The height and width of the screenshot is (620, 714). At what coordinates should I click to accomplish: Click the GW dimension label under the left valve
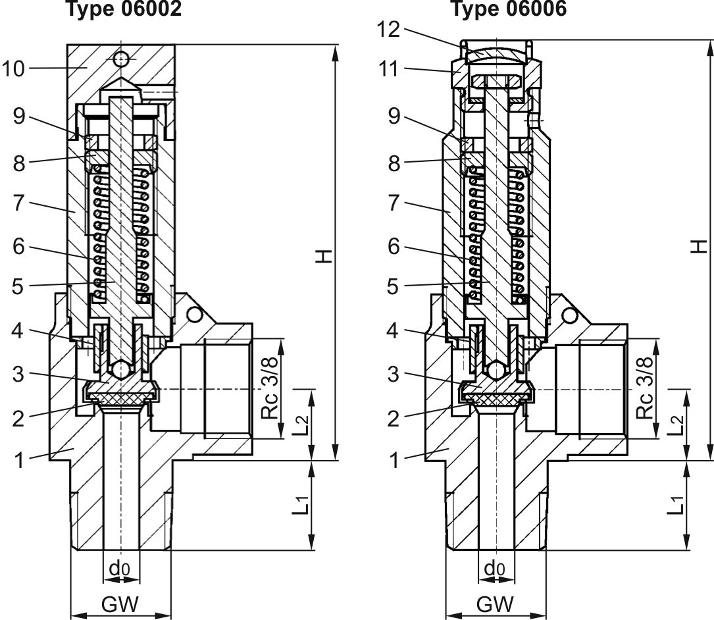(x=120, y=604)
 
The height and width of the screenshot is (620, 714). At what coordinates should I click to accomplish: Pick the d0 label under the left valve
(x=120, y=567)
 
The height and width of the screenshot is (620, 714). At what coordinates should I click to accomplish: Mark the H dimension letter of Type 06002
(x=323, y=255)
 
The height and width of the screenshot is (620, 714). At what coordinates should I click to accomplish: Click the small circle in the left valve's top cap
(x=120, y=59)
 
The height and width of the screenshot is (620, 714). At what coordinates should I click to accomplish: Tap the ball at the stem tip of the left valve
(x=120, y=370)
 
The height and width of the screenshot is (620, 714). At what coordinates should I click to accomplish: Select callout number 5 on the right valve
(x=394, y=286)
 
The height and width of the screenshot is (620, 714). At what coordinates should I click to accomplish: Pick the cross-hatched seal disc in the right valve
(x=496, y=399)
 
